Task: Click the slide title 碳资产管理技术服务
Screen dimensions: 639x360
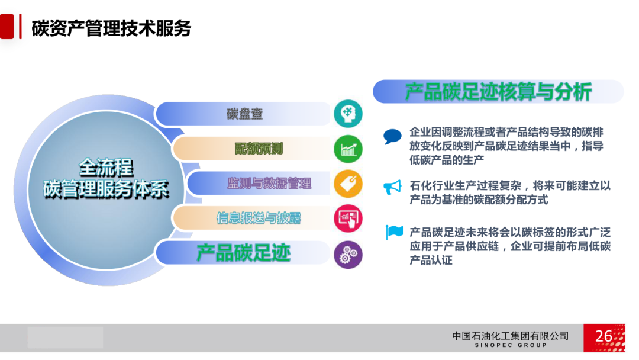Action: pos(111,28)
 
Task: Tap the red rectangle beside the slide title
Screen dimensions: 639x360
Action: pos(7,27)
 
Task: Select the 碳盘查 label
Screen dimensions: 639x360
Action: pos(244,113)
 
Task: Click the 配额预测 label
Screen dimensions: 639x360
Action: pos(259,149)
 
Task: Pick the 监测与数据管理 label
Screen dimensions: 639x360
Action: pos(269,184)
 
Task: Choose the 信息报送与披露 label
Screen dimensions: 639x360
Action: pos(259,218)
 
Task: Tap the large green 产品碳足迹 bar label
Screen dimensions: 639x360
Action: pos(243,253)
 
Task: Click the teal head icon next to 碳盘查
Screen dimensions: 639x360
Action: pos(348,113)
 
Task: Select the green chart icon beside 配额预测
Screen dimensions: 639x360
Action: pos(348,149)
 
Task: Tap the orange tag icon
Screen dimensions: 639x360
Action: pos(348,184)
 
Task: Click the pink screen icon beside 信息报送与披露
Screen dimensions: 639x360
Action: pos(348,218)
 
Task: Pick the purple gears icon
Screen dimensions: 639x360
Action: pos(348,255)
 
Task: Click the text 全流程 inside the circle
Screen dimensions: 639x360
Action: pos(106,167)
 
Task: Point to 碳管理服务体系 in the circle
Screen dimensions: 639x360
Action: pos(106,189)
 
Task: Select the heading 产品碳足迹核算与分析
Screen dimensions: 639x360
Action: pos(498,92)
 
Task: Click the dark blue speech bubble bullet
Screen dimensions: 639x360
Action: pos(392,137)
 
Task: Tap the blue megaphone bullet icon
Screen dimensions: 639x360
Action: pos(393,188)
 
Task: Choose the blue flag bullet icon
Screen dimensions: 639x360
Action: pos(394,232)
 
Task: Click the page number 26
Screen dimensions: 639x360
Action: pos(603,336)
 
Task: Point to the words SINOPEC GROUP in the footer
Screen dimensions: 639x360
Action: pos(511,345)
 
